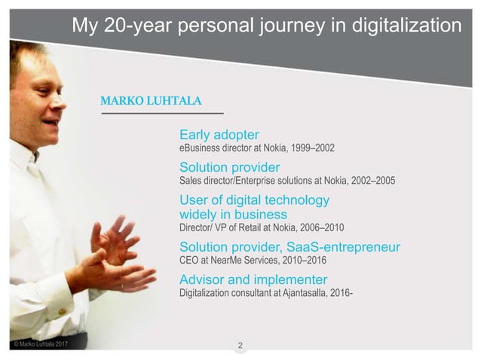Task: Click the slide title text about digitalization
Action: (x=266, y=26)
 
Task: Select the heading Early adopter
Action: (x=219, y=135)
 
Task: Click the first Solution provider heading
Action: (x=230, y=167)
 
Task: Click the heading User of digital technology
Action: (x=254, y=200)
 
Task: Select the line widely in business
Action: (x=233, y=214)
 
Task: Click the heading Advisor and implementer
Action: (x=243, y=279)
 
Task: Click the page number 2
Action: (x=240, y=346)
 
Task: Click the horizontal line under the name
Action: (x=162, y=113)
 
